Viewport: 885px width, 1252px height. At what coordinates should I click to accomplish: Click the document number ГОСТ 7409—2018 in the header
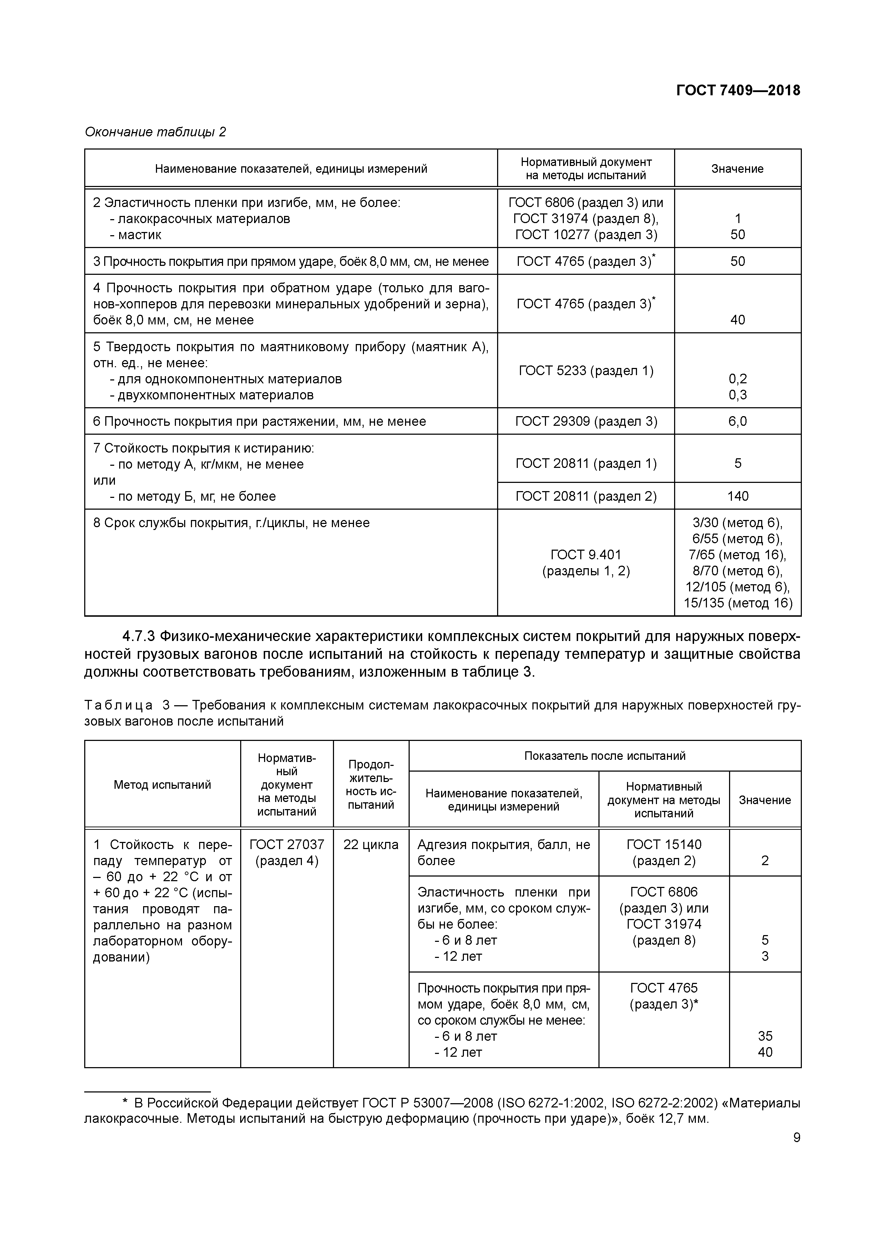point(738,90)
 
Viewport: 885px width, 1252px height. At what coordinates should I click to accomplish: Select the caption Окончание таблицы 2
point(155,132)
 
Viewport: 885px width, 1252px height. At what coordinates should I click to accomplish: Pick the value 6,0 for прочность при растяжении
point(737,421)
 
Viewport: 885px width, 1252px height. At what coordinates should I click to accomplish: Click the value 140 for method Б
point(737,496)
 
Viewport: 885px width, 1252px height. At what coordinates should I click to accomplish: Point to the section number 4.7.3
point(139,636)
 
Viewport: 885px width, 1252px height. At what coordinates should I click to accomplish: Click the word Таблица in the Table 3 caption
point(118,705)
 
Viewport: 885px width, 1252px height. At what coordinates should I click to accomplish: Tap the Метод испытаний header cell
point(162,785)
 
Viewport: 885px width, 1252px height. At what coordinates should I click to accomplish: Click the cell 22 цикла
point(371,845)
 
